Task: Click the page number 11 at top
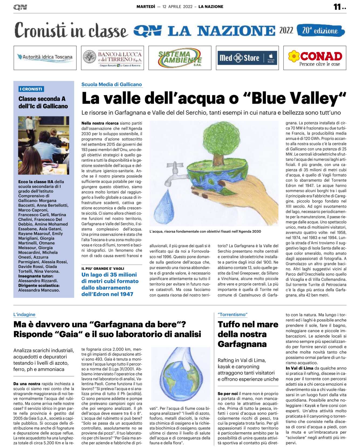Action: pos(338,7)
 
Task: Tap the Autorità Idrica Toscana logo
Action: pos(45,58)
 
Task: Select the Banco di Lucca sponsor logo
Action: pos(112,58)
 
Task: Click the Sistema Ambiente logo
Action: pos(180,58)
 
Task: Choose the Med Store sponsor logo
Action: pos(247,58)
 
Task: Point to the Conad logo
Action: pos(315,58)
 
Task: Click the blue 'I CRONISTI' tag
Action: pos(31,89)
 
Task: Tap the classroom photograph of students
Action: pos(43,145)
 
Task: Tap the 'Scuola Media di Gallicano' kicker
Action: pos(112,84)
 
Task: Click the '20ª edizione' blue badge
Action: pos(320,30)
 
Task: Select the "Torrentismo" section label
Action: pos(232,315)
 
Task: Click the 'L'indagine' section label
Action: pos(24,315)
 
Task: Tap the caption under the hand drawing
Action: pos(205,231)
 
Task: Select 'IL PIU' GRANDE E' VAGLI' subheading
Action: pos(103,268)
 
